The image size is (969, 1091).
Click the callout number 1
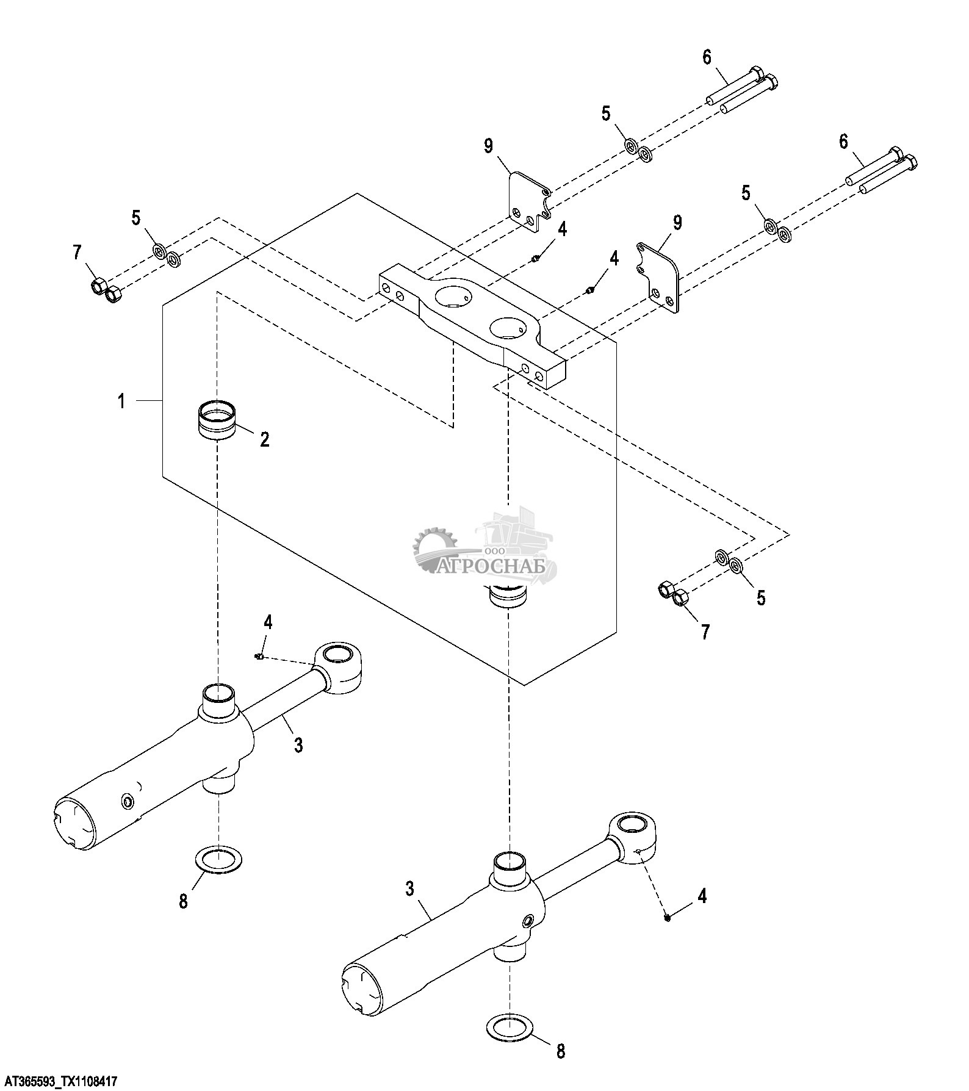pyautogui.click(x=121, y=401)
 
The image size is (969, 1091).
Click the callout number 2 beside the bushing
pyautogui.click(x=265, y=439)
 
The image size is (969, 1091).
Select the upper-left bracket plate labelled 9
pyautogui.click(x=528, y=201)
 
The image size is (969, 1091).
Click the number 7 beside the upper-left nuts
pyautogui.click(x=77, y=253)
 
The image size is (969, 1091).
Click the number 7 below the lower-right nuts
pyautogui.click(x=705, y=632)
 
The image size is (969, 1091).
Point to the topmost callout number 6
pyautogui.click(x=707, y=57)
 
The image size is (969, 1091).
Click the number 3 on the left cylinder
pyautogui.click(x=298, y=744)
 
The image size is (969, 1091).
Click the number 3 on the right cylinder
pyautogui.click(x=409, y=888)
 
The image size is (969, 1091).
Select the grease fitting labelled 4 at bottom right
pyautogui.click(x=668, y=916)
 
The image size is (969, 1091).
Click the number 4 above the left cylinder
pyautogui.click(x=268, y=622)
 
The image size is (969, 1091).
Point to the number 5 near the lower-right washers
pyautogui.click(x=761, y=597)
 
